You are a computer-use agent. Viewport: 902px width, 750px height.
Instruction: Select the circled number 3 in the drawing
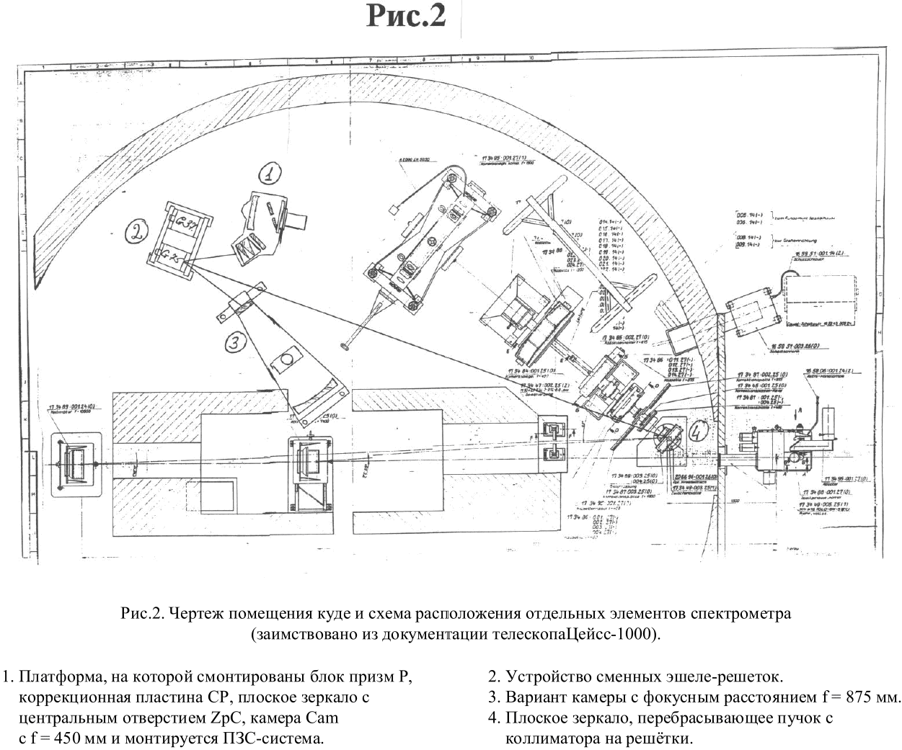coord(232,344)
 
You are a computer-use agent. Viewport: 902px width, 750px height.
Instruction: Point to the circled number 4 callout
coord(696,432)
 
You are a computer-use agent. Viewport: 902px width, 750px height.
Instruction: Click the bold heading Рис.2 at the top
coord(406,16)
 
